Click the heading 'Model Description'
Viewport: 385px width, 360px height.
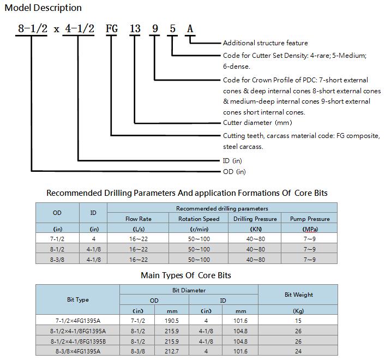[43, 8]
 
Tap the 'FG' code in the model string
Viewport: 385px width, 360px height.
[112, 28]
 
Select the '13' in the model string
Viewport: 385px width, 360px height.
[135, 28]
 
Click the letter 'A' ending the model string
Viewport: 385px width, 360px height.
[190, 28]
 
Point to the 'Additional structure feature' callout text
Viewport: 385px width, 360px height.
[265, 43]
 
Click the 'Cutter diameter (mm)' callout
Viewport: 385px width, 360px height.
[257, 123]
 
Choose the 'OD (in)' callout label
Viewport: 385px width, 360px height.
[234, 172]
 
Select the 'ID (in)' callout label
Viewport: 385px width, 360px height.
[232, 161]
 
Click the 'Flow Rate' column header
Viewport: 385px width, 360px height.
[138, 219]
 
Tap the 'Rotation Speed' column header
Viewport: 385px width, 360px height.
[199, 219]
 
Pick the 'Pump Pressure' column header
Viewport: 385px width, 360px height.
[310, 219]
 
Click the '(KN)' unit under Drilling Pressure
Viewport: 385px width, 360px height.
[256, 229]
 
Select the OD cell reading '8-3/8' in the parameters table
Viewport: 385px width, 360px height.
[57, 260]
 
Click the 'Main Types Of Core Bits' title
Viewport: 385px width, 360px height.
[186, 275]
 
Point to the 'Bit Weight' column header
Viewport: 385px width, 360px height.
[299, 295]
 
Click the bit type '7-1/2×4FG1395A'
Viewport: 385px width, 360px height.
[78, 321]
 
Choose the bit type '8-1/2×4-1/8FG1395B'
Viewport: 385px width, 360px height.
[78, 341]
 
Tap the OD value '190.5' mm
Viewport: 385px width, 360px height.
[172, 321]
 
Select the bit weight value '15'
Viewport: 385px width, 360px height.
[298, 321]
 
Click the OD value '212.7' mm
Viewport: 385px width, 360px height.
[172, 351]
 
